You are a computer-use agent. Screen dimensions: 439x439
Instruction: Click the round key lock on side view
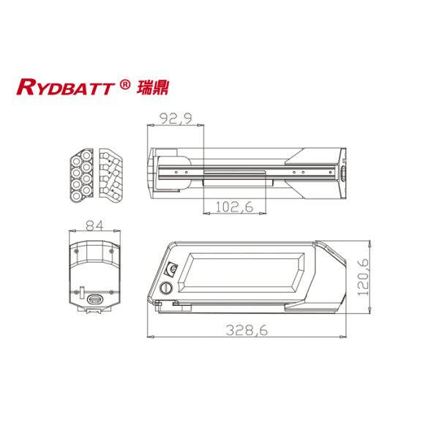(167, 288)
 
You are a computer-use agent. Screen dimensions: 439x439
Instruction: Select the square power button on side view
(173, 269)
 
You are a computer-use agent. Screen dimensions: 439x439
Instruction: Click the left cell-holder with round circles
(82, 176)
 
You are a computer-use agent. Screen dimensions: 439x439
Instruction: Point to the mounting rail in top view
(249, 173)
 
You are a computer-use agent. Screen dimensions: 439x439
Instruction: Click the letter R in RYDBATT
(25, 89)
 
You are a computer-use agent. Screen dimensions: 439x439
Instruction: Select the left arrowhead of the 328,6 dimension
(151, 337)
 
